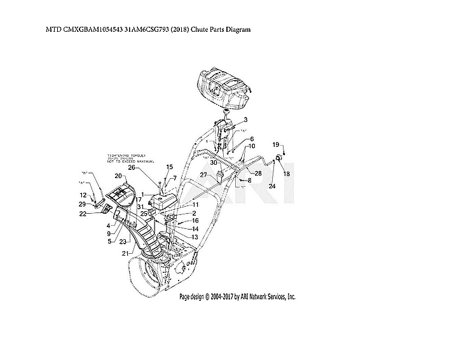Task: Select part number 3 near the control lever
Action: pyautogui.click(x=245, y=120)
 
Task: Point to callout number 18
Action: pyautogui.click(x=286, y=174)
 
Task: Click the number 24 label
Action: pyautogui.click(x=271, y=186)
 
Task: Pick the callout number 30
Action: pyautogui.click(x=214, y=162)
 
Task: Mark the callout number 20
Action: pyautogui.click(x=118, y=176)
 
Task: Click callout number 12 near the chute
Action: pyautogui.click(x=83, y=195)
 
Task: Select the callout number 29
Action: pyautogui.click(x=83, y=204)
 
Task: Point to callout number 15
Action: pyautogui.click(x=169, y=167)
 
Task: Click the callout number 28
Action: pyautogui.click(x=258, y=173)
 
